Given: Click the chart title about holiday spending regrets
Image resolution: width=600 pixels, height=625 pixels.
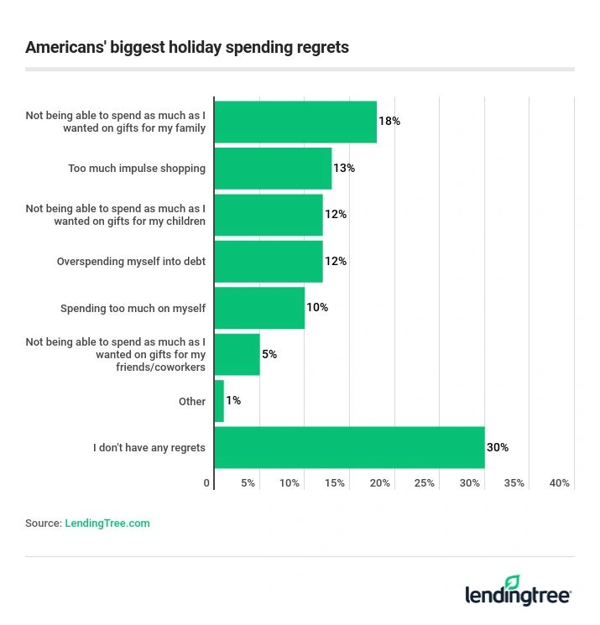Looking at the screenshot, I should click(x=186, y=47).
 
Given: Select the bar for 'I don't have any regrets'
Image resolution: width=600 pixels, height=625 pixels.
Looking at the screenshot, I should click(x=349, y=447).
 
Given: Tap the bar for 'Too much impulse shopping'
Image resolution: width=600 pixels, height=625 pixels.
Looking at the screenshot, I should click(x=273, y=169).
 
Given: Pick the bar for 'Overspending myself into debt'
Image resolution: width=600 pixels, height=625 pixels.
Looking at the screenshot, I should click(x=269, y=261).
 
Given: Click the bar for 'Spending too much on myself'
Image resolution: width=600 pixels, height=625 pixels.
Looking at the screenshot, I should click(x=259, y=308).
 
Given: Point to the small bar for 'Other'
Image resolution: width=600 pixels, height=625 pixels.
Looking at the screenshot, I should click(x=219, y=401).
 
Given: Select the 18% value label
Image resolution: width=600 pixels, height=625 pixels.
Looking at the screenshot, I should click(x=389, y=122).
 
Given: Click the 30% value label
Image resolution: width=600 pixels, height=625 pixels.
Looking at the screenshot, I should click(x=498, y=447).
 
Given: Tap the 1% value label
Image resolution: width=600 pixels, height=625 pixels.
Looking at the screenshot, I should click(x=233, y=401).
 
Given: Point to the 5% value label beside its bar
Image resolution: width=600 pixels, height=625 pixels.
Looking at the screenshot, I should click(x=269, y=354).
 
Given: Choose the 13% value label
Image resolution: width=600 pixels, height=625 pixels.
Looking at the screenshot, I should click(x=344, y=169).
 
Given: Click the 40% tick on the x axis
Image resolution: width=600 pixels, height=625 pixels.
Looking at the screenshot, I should click(x=559, y=483).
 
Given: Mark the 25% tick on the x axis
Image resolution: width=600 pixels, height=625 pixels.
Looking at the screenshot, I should click(x=425, y=483).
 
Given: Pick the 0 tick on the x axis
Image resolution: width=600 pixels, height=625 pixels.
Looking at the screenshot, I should click(x=207, y=483).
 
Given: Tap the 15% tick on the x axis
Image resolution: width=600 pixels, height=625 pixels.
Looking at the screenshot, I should click(x=335, y=483).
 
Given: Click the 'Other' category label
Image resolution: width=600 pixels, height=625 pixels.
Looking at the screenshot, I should click(x=192, y=401).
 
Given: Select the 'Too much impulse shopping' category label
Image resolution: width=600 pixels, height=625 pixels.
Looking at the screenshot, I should click(x=137, y=169).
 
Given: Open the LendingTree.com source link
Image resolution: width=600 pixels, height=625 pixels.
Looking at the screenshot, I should click(x=107, y=523).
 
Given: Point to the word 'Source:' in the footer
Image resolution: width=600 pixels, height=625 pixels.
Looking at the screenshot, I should click(x=44, y=523).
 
